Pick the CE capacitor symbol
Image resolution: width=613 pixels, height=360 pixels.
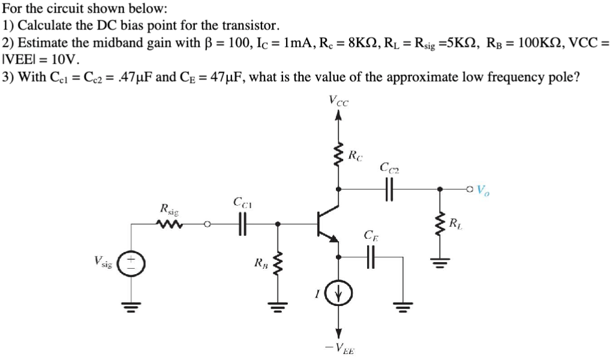pos(370,257)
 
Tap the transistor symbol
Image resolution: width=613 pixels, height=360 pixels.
pos(327,225)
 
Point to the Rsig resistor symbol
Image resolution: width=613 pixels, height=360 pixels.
pos(169,225)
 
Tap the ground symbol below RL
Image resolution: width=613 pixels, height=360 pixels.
pos(441,262)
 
